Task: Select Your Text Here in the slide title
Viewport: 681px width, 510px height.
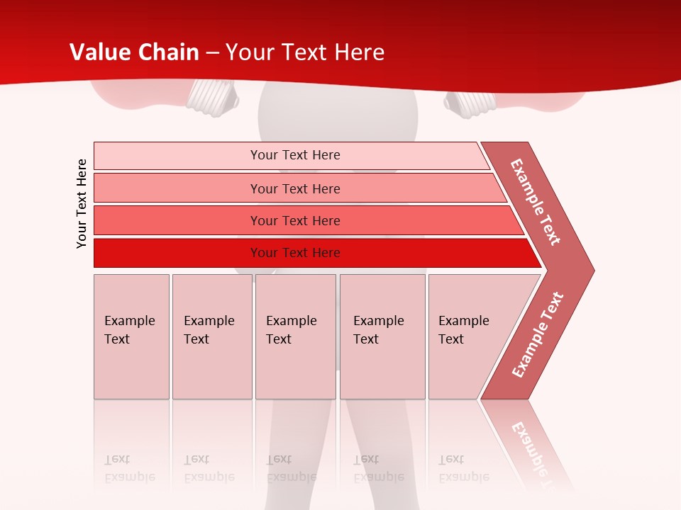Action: point(305,52)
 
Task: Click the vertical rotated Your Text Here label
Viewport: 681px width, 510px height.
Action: point(82,203)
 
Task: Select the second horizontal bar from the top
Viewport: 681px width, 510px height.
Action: point(294,188)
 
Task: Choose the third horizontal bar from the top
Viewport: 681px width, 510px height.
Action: point(294,220)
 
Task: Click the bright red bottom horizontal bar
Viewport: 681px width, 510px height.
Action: point(294,253)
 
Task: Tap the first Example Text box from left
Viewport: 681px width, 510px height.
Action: point(131,336)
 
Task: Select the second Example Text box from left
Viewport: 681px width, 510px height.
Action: point(211,336)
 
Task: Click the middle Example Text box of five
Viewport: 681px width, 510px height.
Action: point(295,336)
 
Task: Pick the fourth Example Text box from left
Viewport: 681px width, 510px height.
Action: point(382,336)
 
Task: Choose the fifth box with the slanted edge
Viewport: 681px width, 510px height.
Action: point(468,336)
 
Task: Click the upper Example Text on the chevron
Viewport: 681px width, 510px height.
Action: point(536,202)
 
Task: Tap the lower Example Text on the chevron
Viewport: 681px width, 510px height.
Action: point(538,335)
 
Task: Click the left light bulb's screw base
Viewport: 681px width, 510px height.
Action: point(211,96)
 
